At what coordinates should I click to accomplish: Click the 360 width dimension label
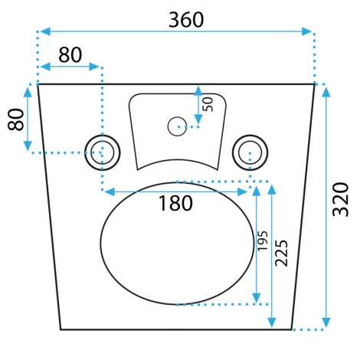coord(186,20)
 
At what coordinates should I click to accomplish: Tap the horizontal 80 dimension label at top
coord(70,55)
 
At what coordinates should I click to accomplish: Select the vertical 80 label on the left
coord(16,119)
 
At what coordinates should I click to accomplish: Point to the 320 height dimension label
coord(340,199)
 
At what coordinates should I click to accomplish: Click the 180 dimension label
coord(175,203)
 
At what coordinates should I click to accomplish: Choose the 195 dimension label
coord(262,241)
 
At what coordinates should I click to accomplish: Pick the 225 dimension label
coord(281,253)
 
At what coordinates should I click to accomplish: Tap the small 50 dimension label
coord(208,104)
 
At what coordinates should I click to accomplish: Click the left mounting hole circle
coord(103,152)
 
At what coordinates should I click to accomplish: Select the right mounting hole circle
coord(250,152)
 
